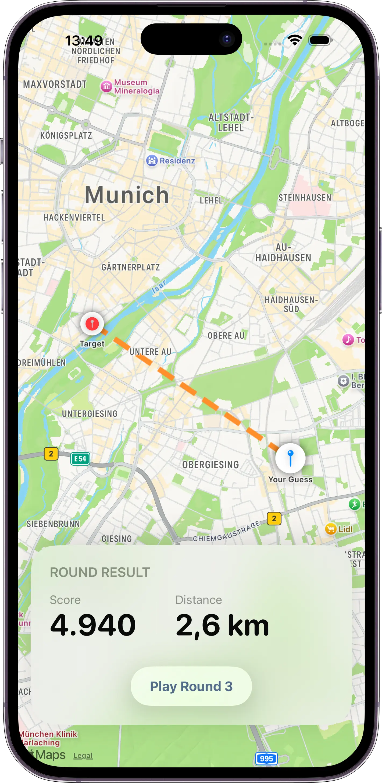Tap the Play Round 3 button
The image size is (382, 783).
(191, 686)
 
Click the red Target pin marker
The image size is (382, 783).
(92, 324)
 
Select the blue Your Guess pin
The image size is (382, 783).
(290, 458)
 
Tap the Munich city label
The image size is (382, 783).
(127, 195)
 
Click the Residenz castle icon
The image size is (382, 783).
(152, 160)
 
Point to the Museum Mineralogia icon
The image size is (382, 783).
(106, 86)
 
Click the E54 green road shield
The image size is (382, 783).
(80, 459)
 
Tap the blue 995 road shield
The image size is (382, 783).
(266, 759)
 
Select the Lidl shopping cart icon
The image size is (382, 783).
(331, 529)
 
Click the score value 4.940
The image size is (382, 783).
(93, 625)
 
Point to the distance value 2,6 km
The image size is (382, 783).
(222, 625)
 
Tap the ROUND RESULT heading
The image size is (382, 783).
(100, 572)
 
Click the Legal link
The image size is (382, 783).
(83, 755)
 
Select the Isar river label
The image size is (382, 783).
(159, 287)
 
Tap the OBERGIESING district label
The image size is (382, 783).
(210, 465)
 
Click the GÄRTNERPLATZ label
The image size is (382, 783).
(131, 267)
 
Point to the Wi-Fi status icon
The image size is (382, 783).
(295, 40)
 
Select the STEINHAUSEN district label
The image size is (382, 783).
(305, 198)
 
